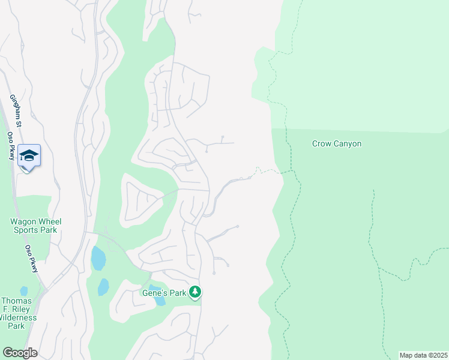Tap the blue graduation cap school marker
coord(29,156)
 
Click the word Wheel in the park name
coord(49,221)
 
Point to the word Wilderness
coord(20,317)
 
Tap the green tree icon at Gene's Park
coord(194,292)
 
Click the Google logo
coord(20,353)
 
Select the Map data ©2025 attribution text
coord(423,355)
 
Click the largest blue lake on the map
coord(98,259)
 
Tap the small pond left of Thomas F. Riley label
coord(24,291)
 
